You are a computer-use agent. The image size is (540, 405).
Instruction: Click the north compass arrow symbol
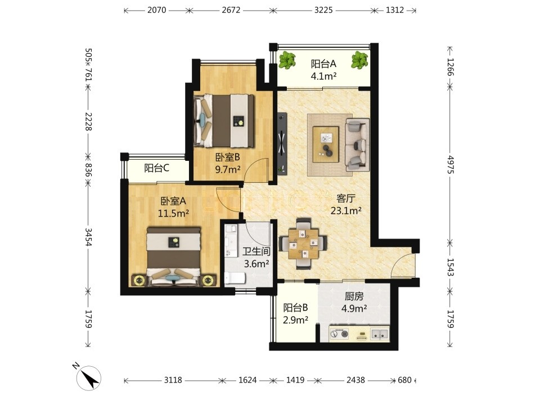pos(89,378)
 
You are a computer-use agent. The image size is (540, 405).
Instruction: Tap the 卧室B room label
pos(227,157)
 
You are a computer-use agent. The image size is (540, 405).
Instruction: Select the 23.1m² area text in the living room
pos(346,210)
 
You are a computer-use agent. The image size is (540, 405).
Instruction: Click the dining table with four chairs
pos(303,243)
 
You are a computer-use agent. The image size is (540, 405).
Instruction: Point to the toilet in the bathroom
pos(235,278)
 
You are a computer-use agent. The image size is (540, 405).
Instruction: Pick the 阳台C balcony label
pos(156,168)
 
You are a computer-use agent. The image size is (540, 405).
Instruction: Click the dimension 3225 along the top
pos(323,10)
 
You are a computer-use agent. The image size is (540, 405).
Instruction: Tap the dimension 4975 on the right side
pos(451,165)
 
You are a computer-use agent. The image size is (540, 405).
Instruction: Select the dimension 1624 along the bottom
pos(247,380)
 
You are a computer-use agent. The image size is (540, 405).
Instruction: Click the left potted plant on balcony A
pos(287,60)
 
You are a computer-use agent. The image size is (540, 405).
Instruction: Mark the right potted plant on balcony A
pos(359,60)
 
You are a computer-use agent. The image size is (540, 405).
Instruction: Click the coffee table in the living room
pos(326,144)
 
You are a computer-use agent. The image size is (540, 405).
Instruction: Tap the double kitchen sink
pos(380,334)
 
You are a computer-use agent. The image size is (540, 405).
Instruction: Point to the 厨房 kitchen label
pos(354,296)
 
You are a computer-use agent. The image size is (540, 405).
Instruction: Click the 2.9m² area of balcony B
pos(295,320)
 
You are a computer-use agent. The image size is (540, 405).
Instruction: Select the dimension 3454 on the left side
pos(88,237)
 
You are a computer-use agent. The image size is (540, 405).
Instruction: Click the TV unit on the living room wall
pos(282,142)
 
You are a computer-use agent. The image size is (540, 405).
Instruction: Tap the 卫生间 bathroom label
pos(256,251)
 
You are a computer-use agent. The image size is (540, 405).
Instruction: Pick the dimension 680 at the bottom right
pos(404,380)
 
